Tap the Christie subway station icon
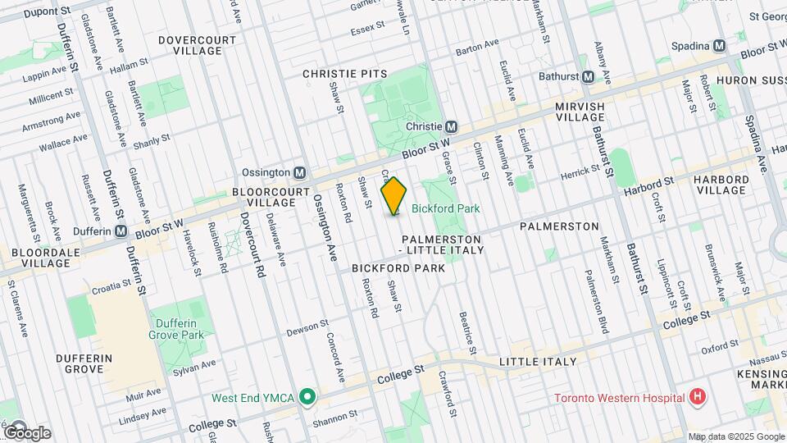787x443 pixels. [450, 127]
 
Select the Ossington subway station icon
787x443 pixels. [300, 173]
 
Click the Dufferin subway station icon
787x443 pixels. [121, 231]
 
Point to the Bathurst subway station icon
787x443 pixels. [588, 77]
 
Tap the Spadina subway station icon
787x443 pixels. [719, 46]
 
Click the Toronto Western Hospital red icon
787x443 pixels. [697, 399]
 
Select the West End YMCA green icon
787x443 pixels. [307, 398]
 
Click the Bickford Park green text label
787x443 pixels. [445, 209]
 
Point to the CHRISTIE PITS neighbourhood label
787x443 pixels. [344, 74]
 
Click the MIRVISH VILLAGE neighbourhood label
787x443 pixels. [580, 112]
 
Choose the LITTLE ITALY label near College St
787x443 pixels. [538, 362]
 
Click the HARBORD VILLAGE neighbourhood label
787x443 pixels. [721, 185]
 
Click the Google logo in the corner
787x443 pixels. [27, 432]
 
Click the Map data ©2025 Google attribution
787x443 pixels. [735, 436]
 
